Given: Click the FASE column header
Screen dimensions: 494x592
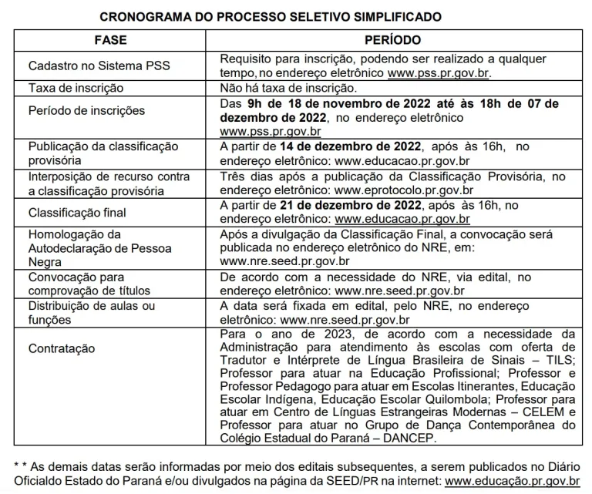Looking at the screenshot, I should click(x=109, y=40).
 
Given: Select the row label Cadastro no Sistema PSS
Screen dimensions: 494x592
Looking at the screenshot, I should click(x=86, y=66).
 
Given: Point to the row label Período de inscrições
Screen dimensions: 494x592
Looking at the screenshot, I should click(x=86, y=110).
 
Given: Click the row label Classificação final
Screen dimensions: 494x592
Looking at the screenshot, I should click(x=77, y=211).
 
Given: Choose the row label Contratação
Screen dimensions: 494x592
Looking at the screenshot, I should click(x=62, y=348).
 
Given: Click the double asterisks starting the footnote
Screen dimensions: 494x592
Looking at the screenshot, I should click(x=21, y=467).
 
